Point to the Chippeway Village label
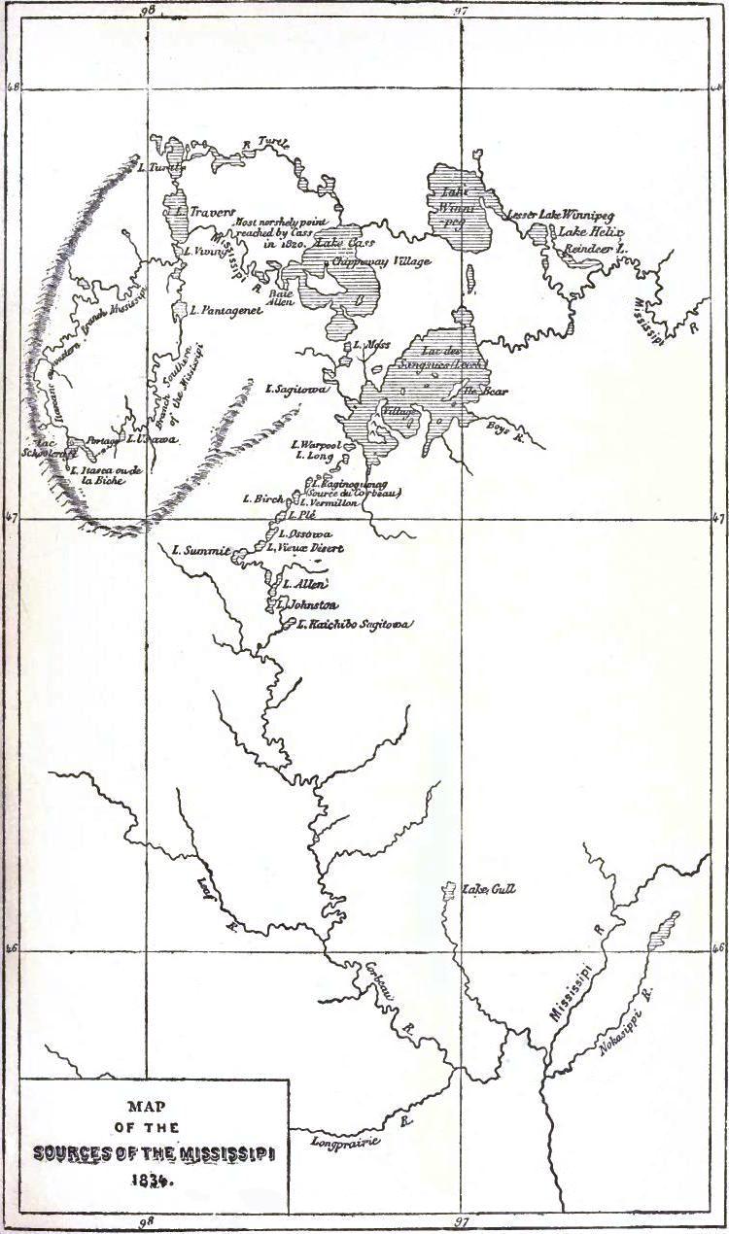click(x=380, y=261)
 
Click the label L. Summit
click(x=198, y=551)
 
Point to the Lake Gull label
click(x=489, y=888)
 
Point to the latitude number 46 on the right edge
click(x=717, y=946)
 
